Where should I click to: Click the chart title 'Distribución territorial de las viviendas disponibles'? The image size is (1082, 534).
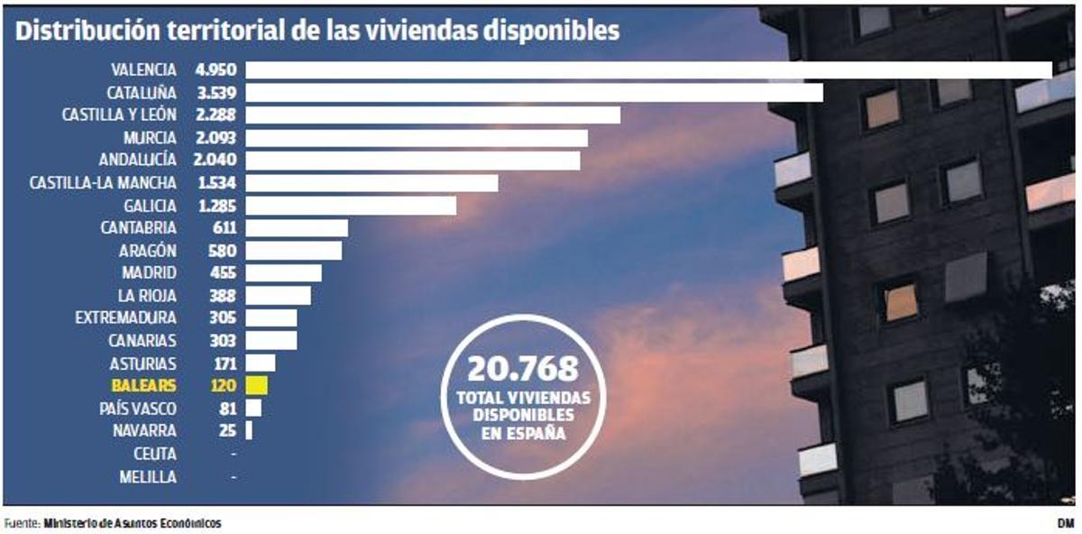317,31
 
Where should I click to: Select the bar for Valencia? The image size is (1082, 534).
648,69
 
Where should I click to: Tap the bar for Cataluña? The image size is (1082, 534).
534,92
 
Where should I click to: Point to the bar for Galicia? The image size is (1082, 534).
351,206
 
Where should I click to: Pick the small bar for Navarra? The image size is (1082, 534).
249,431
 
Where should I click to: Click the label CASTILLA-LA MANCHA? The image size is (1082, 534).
103,183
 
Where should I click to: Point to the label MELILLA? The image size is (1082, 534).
148,477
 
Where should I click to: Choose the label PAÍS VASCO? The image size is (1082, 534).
138,409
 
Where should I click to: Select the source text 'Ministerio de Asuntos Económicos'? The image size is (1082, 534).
132,523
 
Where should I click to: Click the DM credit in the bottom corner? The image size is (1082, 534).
1065,523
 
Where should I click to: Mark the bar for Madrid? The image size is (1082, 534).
283,273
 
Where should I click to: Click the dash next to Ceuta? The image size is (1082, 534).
234,455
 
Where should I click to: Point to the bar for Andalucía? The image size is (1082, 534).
413,161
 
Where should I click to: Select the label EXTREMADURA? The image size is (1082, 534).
125,318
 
